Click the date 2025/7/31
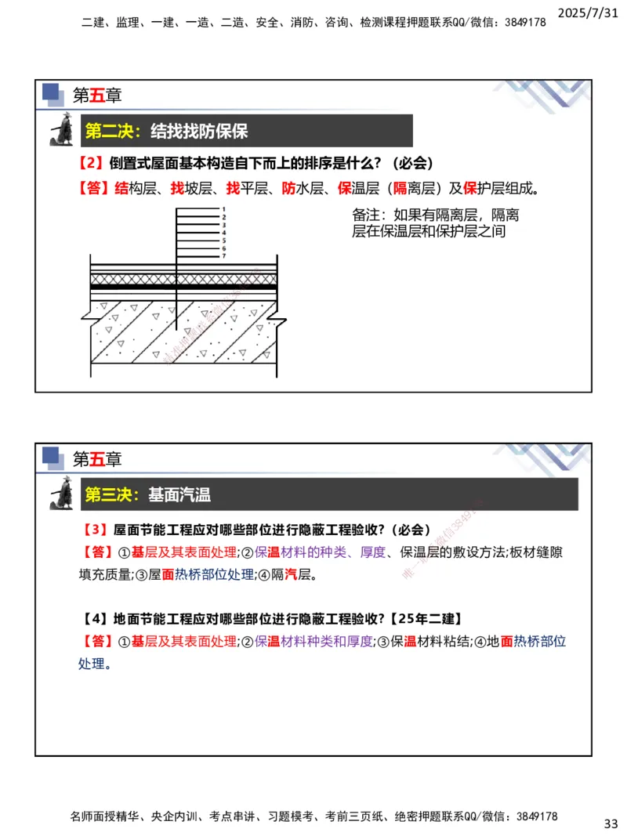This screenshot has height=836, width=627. click(591, 11)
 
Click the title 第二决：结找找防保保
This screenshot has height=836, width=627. click(166, 131)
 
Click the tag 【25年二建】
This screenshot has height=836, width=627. click(428, 618)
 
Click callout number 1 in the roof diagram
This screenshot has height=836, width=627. click(223, 209)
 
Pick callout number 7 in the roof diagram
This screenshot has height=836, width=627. click(223, 255)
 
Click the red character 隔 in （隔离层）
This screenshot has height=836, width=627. click(400, 188)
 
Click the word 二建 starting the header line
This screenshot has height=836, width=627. click(92, 23)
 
